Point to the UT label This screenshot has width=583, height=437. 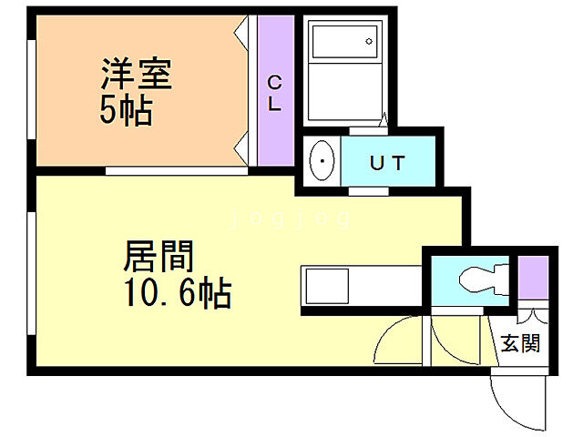click(387, 164)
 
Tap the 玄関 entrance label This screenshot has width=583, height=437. click(520, 343)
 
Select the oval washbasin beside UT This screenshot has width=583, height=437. click(322, 162)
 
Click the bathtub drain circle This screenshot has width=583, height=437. click(370, 41)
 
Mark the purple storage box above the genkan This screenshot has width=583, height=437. click(534, 279)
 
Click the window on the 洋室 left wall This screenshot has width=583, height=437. click(33, 91)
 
